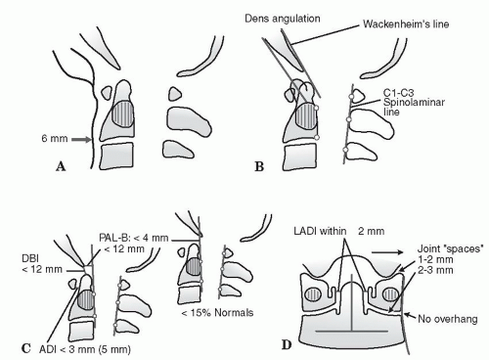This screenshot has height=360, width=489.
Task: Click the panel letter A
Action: pyautogui.click(x=61, y=166)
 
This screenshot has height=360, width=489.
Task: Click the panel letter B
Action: pyautogui.click(x=259, y=166)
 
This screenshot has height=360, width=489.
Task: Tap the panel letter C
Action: pyautogui.click(x=26, y=348)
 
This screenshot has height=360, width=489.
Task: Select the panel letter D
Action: pyautogui.click(x=287, y=344)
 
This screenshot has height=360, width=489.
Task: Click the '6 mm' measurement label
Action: pyautogui.click(x=55, y=139)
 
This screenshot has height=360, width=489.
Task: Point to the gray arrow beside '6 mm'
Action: pyautogui.click(x=81, y=140)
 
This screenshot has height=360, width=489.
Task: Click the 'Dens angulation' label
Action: pyautogui.click(x=283, y=19)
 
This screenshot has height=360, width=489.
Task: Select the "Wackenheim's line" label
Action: pyautogui.click(x=406, y=24)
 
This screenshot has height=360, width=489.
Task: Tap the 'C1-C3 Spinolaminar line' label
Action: pyautogui.click(x=414, y=103)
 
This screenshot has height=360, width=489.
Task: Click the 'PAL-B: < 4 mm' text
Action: pyautogui.click(x=134, y=238)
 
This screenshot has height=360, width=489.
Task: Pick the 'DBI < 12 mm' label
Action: pyautogui.click(x=42, y=264)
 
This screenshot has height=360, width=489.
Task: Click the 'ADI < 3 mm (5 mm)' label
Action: pyautogui.click(x=85, y=349)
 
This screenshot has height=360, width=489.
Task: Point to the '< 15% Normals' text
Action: pyautogui.click(x=217, y=313)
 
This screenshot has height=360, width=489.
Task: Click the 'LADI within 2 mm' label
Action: pyautogui.click(x=339, y=231)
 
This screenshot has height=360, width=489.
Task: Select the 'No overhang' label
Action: pyautogui.click(x=448, y=319)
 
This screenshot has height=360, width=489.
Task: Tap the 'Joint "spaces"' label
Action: pyautogui.click(x=450, y=248)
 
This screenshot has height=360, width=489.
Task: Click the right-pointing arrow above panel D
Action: pyautogui.click(x=387, y=252)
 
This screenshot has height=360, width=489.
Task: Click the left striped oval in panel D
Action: pyautogui.click(x=313, y=294)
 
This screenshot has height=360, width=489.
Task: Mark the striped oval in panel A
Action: pyautogui.click(x=123, y=113)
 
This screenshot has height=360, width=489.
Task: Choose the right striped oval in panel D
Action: pyautogui.click(x=390, y=294)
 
